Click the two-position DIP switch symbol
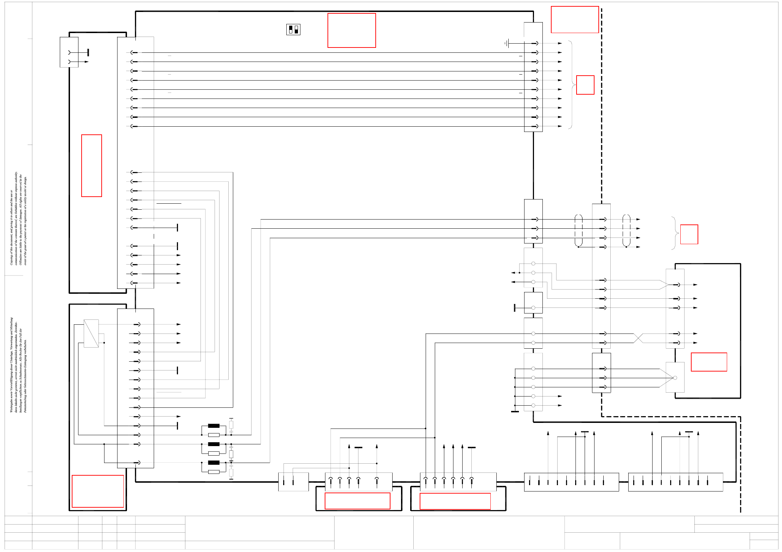point(293,30)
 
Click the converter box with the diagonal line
point(91,334)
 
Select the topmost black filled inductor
point(214,426)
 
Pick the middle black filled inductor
point(214,444)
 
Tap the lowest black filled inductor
point(214,463)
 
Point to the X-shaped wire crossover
point(638,338)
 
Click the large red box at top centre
point(351,30)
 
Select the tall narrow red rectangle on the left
point(91,165)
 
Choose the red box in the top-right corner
point(574,19)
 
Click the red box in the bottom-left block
point(98,491)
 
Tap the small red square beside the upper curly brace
point(585,85)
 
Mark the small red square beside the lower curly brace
point(689,234)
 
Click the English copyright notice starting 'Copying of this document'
point(18,218)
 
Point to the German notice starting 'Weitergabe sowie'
point(18,365)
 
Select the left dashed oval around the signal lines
point(578,230)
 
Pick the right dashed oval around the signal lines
point(626,230)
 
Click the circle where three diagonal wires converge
point(675,378)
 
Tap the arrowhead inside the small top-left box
point(87,62)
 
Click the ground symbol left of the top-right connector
point(507,43)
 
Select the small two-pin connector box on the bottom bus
point(293,482)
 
